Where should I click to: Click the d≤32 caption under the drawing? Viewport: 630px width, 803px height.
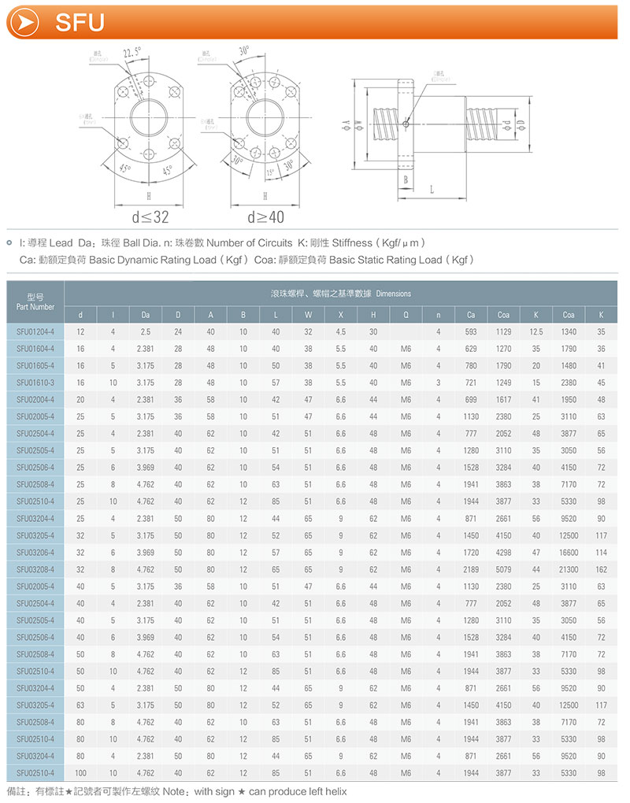(150, 216)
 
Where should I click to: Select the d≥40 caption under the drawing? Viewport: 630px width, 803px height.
(265, 216)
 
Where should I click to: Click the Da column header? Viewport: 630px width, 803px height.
(145, 315)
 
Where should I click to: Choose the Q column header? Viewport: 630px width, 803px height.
(406, 315)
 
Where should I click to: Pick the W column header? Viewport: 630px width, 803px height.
(309, 315)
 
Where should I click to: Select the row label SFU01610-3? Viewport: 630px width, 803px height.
(35, 382)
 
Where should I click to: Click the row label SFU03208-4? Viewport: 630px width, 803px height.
(35, 568)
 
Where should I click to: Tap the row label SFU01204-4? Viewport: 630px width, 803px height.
(35, 331)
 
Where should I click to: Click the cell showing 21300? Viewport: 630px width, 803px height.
(569, 568)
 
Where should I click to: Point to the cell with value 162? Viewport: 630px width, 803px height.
(601, 568)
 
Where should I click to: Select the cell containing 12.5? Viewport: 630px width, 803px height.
(536, 331)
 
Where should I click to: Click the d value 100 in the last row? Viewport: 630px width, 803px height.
(80, 772)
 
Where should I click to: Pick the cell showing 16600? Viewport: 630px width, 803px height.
(569, 552)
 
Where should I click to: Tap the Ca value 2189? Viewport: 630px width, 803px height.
(471, 568)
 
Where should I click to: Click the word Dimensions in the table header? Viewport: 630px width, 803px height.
(394, 294)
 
